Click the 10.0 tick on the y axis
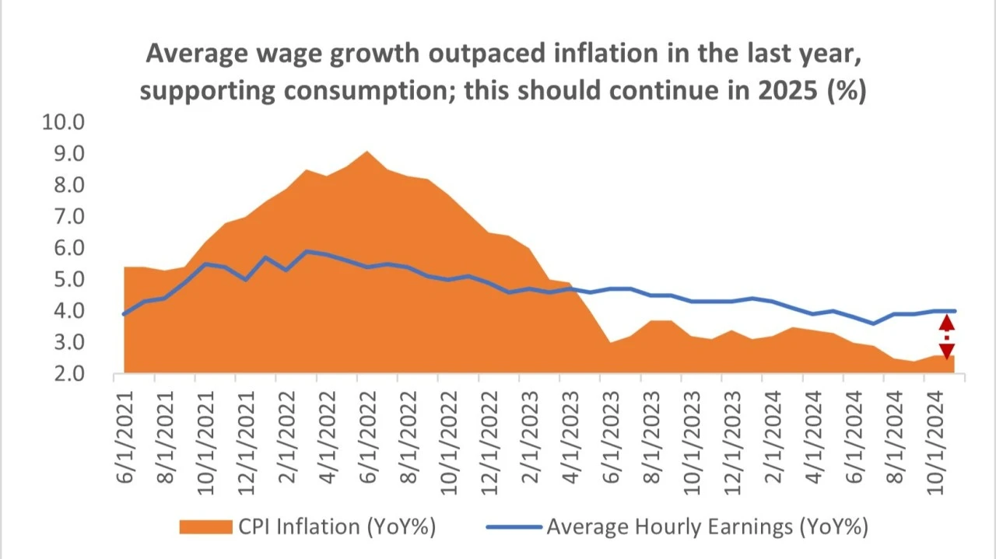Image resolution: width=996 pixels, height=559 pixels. click(x=66, y=122)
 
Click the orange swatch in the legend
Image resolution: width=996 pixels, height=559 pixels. click(x=205, y=526)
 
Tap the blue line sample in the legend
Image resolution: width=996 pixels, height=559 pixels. click(x=513, y=526)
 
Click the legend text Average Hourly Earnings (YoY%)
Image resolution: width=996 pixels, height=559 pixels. click(x=707, y=526)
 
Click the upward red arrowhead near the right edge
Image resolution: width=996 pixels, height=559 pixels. click(x=946, y=323)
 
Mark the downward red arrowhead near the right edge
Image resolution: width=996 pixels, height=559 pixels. click(x=946, y=351)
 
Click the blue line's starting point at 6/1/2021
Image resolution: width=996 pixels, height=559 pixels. click(x=124, y=313)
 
